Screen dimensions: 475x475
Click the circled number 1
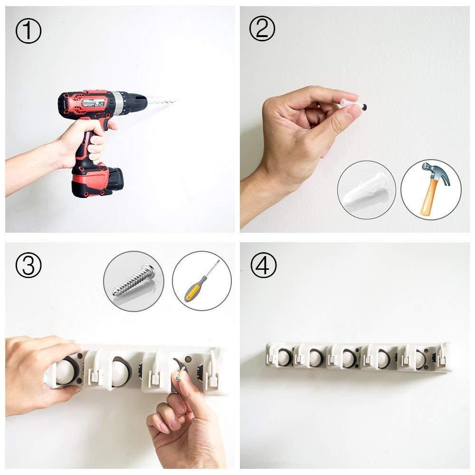pyautogui.click(x=28, y=31)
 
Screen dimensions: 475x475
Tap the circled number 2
pyautogui.click(x=262, y=28)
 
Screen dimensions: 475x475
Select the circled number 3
pyautogui.click(x=28, y=265)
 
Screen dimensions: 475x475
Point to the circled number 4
pyautogui.click(x=263, y=265)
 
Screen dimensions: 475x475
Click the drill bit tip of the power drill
pyautogui.click(x=175, y=101)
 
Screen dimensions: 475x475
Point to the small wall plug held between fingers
pyautogui.click(x=353, y=104)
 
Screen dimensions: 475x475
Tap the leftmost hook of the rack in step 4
pyautogui.click(x=271, y=353)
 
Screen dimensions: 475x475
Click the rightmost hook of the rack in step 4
pyautogui.click(x=443, y=352)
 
